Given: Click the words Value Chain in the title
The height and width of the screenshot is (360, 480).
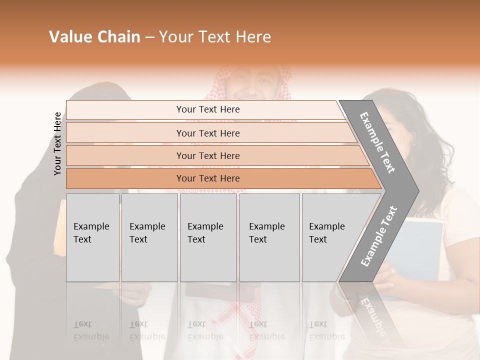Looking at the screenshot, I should click(94, 37).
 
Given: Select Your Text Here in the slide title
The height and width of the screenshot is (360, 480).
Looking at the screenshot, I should click(215, 37).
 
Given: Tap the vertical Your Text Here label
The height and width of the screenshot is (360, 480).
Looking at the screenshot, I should click(57, 143).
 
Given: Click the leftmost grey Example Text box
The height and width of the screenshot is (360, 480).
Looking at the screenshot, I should click(92, 237).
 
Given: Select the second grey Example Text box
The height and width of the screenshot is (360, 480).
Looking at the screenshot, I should click(149, 237).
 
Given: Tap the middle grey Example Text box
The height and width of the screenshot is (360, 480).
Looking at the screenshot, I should click(208, 237).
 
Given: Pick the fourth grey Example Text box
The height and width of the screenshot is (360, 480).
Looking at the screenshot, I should click(269, 237).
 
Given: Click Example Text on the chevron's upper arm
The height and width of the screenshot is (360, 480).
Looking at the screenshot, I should click(377, 142).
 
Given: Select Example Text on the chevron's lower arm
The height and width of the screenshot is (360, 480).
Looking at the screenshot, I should click(378, 236).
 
